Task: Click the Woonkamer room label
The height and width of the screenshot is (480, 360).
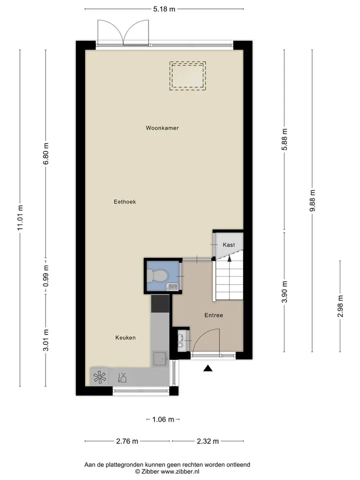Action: tap(162, 128)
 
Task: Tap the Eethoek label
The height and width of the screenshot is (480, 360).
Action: tap(124, 201)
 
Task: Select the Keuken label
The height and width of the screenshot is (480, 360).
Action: tap(125, 337)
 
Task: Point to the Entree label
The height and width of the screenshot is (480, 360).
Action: tap(213, 315)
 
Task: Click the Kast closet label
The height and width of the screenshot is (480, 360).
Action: tap(228, 244)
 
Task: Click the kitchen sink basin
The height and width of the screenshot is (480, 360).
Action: tap(160, 359)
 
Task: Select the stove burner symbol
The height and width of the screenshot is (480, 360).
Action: tap(100, 377)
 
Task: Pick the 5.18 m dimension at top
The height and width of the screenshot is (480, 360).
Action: tap(164, 9)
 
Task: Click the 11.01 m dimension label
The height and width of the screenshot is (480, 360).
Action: tap(20, 217)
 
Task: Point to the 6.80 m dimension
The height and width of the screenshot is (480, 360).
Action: tap(46, 153)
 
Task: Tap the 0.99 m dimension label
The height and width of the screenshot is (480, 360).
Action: tap(46, 276)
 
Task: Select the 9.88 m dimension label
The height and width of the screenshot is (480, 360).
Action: tap(312, 200)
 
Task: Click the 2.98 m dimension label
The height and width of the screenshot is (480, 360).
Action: tap(340, 306)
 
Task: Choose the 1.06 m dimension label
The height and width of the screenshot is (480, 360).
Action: tap(163, 419)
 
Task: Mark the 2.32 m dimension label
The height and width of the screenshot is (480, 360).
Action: tap(208, 441)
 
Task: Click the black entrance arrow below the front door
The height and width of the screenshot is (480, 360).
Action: tap(208, 368)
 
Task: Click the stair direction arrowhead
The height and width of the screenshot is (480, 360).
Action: tap(229, 259)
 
